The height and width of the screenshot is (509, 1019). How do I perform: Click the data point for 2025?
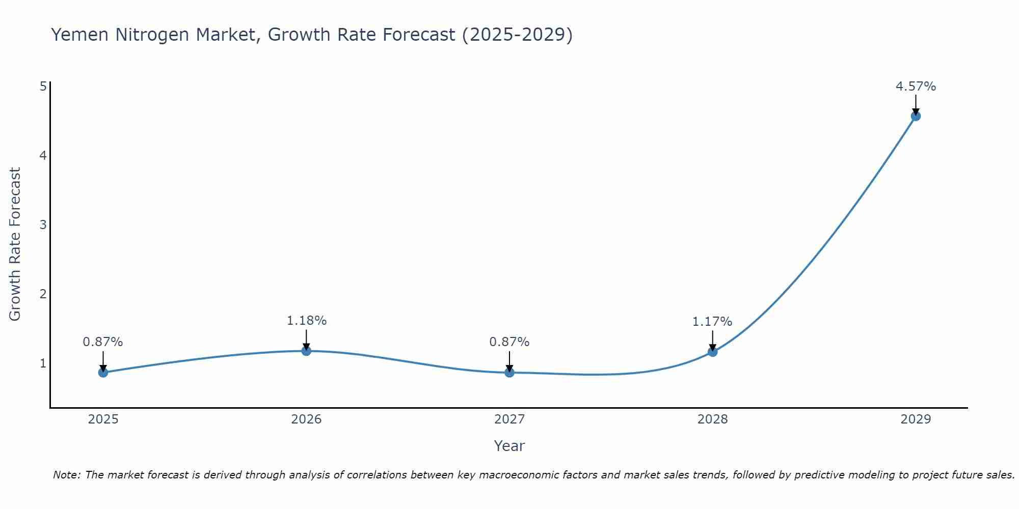coord(103,373)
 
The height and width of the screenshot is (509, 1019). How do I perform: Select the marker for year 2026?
coord(306,351)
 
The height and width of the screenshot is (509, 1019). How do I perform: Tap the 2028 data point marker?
coord(712,352)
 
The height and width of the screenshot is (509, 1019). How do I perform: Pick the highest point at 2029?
coord(916,116)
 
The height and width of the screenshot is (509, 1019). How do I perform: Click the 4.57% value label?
coord(916,87)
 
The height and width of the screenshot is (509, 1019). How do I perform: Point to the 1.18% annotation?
coord(306,321)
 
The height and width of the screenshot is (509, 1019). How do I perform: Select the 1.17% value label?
coord(712,322)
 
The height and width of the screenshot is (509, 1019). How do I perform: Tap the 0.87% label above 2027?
coord(509,342)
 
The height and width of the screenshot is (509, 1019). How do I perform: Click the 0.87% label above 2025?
coord(103,342)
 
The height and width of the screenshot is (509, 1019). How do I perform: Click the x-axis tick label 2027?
coord(509,419)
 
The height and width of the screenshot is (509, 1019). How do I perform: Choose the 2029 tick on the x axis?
coord(916,419)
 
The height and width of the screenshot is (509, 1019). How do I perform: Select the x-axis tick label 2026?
coord(306,419)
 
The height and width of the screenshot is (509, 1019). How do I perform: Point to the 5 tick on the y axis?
coord(43,86)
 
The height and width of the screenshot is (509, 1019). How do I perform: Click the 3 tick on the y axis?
coord(43,224)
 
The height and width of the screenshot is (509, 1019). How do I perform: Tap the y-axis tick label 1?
coord(43,363)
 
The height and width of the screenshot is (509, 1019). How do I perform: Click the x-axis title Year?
coord(509,446)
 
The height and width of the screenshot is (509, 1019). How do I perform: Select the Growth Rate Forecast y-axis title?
coord(15,244)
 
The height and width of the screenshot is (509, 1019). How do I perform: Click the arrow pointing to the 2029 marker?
coord(916,104)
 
